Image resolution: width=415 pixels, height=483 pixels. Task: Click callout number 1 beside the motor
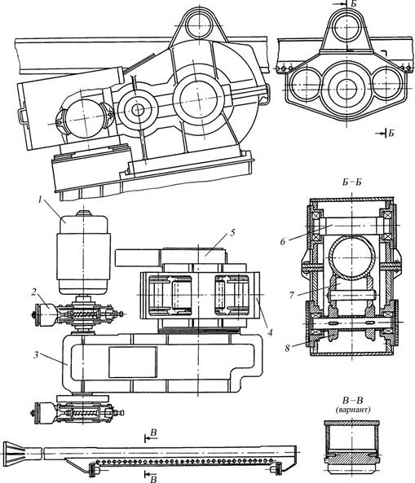tap(41, 200)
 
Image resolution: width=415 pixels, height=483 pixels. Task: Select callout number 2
tap(33, 292)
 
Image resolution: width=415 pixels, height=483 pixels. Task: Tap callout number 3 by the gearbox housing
tap(36, 355)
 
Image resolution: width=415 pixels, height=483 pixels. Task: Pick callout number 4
tap(270, 332)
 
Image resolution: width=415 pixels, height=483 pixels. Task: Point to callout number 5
tap(232, 232)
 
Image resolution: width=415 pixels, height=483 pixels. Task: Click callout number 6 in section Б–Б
tap(283, 241)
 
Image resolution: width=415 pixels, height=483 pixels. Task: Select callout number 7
tap(291, 295)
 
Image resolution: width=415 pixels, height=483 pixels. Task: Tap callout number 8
tap(287, 349)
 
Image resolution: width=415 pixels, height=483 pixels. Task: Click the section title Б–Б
tap(351, 182)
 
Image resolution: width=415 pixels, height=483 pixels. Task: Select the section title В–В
tap(353, 401)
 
